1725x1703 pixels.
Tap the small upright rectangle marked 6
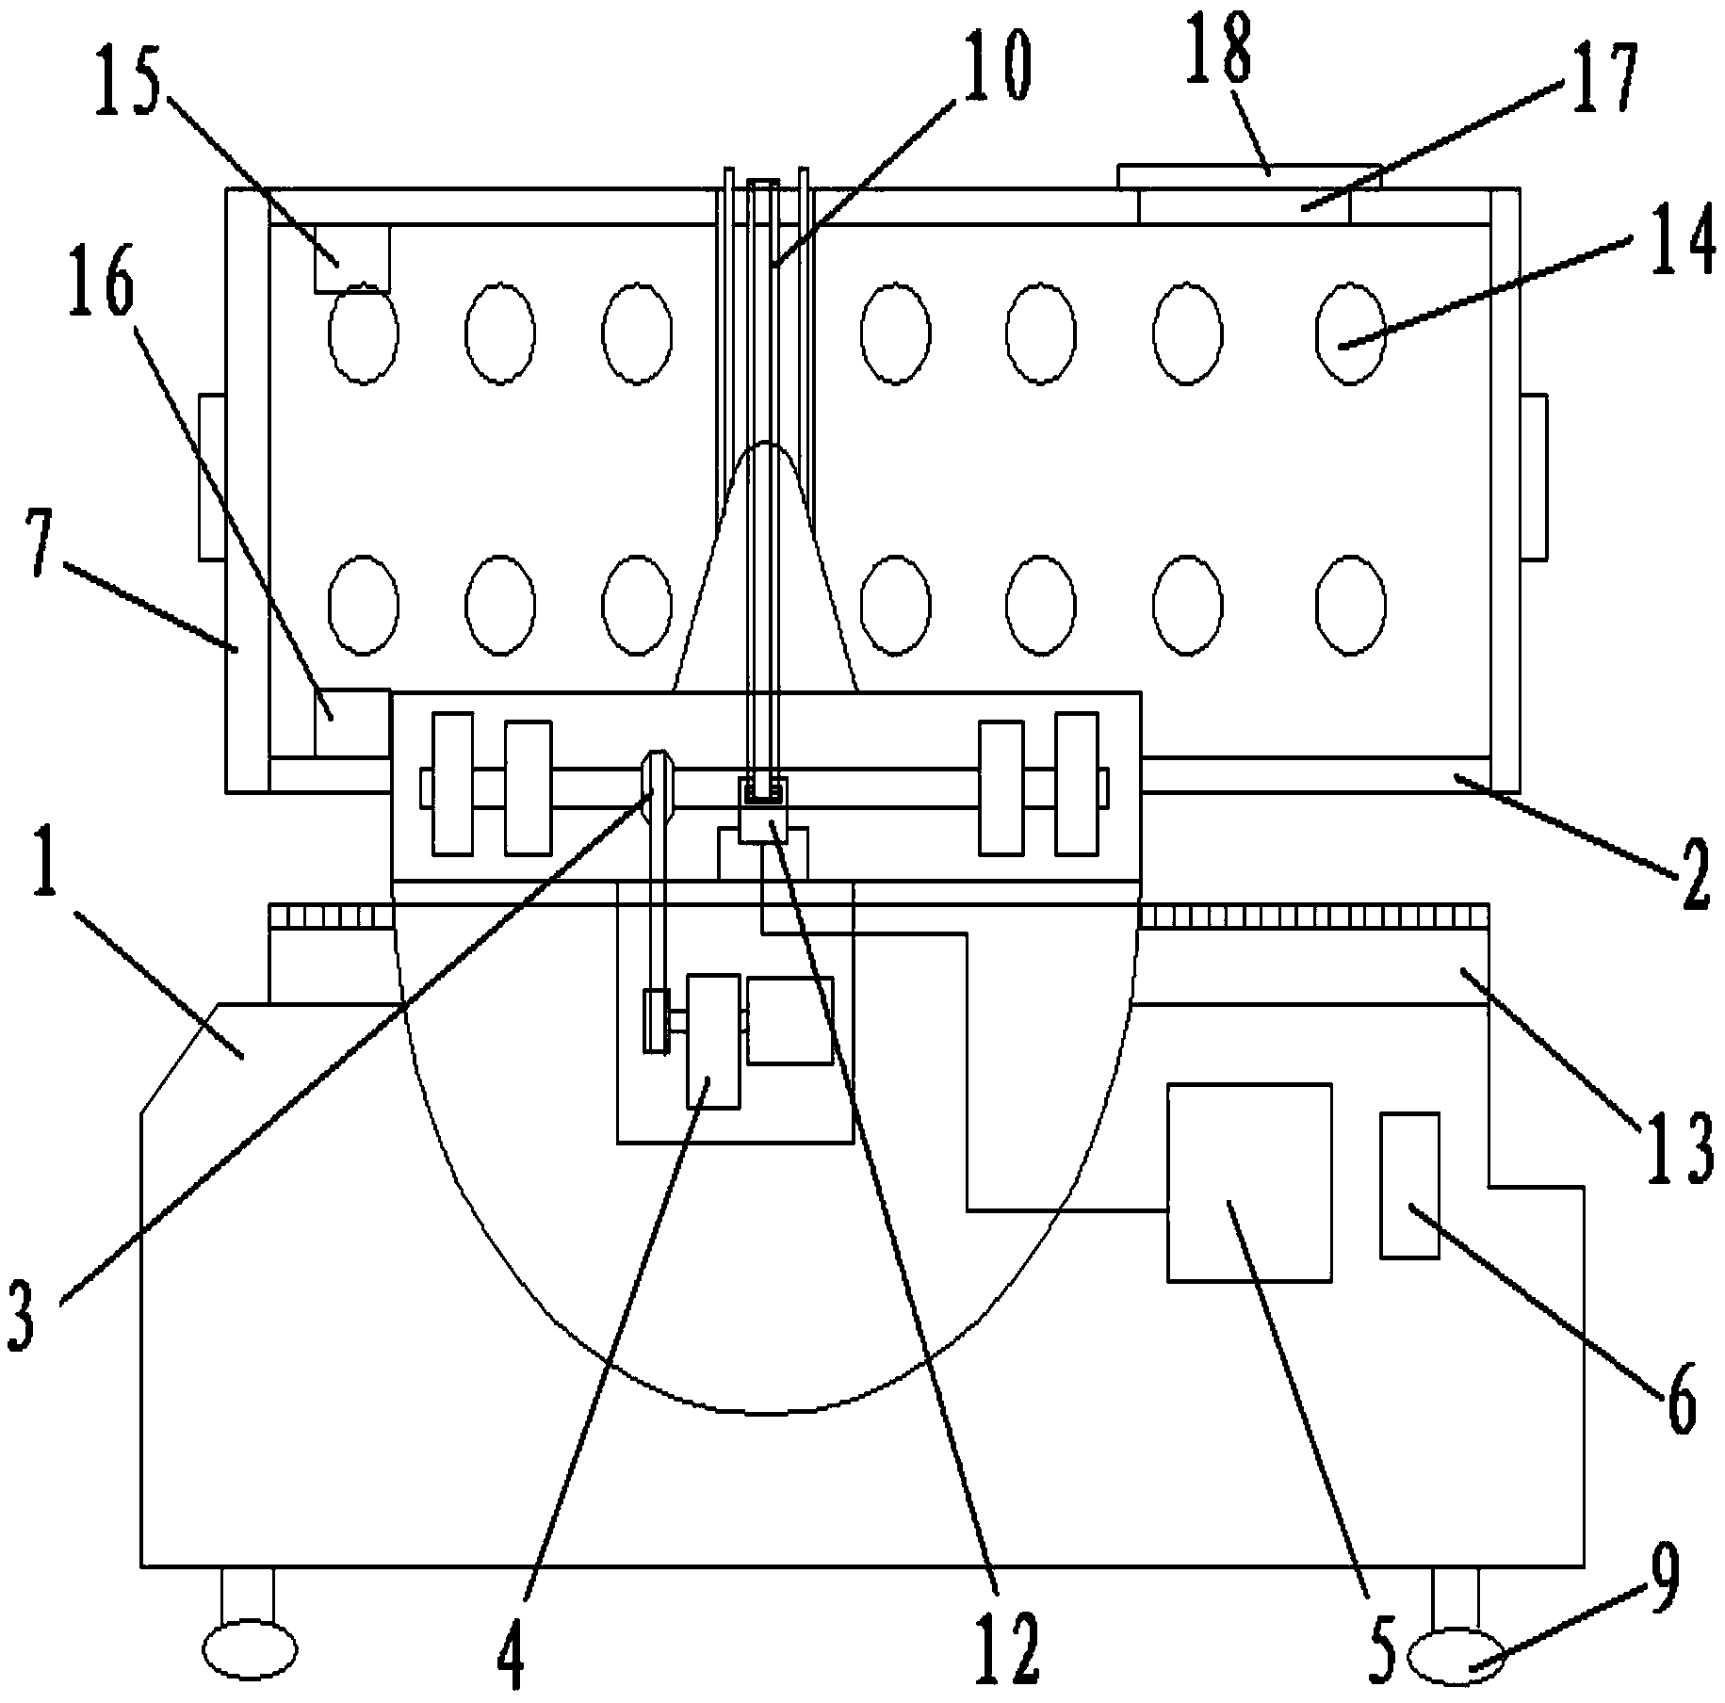pyautogui.click(x=1409, y=1185)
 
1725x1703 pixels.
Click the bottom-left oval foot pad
pyautogui.click(x=251, y=1648)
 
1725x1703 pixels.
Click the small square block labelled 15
pyautogui.click(x=351, y=258)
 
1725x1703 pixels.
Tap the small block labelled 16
pyautogui.click(x=352, y=722)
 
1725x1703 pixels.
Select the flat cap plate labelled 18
pyautogui.click(x=1248, y=176)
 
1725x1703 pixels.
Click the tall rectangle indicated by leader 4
pyautogui.click(x=713, y=1042)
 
